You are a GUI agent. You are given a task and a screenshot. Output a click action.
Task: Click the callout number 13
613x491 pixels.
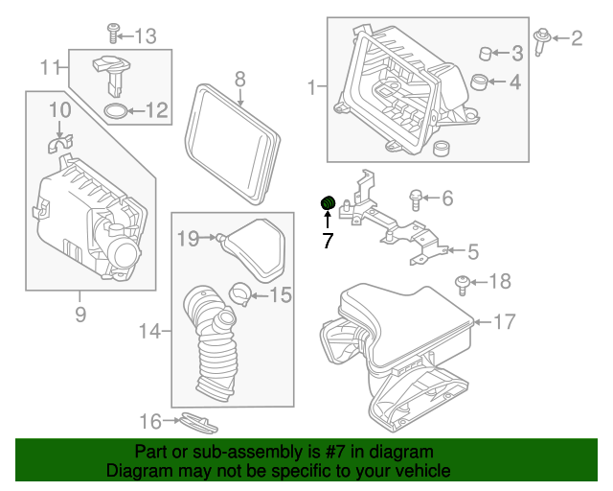pyautogui.click(x=145, y=36)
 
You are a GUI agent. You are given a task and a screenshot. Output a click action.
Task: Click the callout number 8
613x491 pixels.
pyautogui.click(x=239, y=79)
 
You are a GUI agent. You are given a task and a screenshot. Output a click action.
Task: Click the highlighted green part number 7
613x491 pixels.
pyautogui.click(x=327, y=202)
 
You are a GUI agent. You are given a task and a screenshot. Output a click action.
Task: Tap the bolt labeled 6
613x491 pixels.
pyautogui.click(x=417, y=199)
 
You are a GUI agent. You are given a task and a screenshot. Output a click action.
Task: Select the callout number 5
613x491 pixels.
pyautogui.click(x=473, y=252)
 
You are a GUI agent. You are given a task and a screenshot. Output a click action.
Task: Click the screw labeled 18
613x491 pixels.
pyautogui.click(x=464, y=282)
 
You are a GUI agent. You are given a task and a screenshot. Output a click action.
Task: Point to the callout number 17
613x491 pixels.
pyautogui.click(x=503, y=322)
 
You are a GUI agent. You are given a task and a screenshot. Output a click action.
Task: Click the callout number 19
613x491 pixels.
pyautogui.click(x=187, y=237)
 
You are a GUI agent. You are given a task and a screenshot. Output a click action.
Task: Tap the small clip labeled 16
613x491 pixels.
pyautogui.click(x=195, y=422)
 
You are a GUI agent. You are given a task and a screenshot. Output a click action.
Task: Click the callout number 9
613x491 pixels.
pyautogui.click(x=79, y=313)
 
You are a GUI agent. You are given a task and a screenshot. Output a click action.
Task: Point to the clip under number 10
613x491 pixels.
pyautogui.click(x=59, y=144)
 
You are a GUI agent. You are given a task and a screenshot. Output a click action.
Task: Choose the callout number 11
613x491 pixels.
pyautogui.click(x=50, y=67)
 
